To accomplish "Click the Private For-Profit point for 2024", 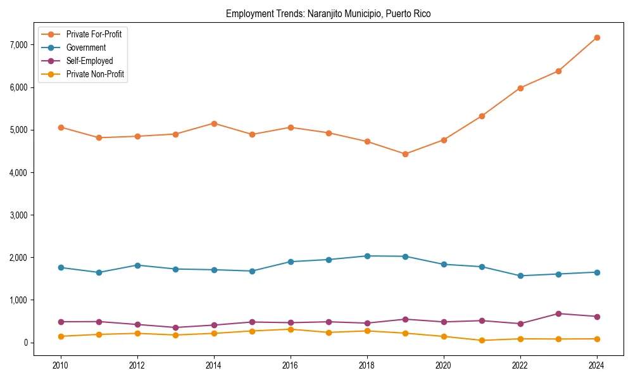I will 597,37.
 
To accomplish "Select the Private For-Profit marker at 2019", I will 405,154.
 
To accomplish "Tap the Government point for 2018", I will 367,256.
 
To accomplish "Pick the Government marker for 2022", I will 520,275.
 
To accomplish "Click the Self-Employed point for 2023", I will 558,313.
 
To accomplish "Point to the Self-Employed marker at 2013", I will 175,327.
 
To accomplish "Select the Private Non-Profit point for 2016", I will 291,329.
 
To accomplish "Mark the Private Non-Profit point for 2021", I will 482,340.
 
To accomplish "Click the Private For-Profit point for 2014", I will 214,123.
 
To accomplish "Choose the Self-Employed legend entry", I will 89,61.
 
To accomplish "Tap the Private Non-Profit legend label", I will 95,74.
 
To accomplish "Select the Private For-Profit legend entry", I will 94,34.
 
